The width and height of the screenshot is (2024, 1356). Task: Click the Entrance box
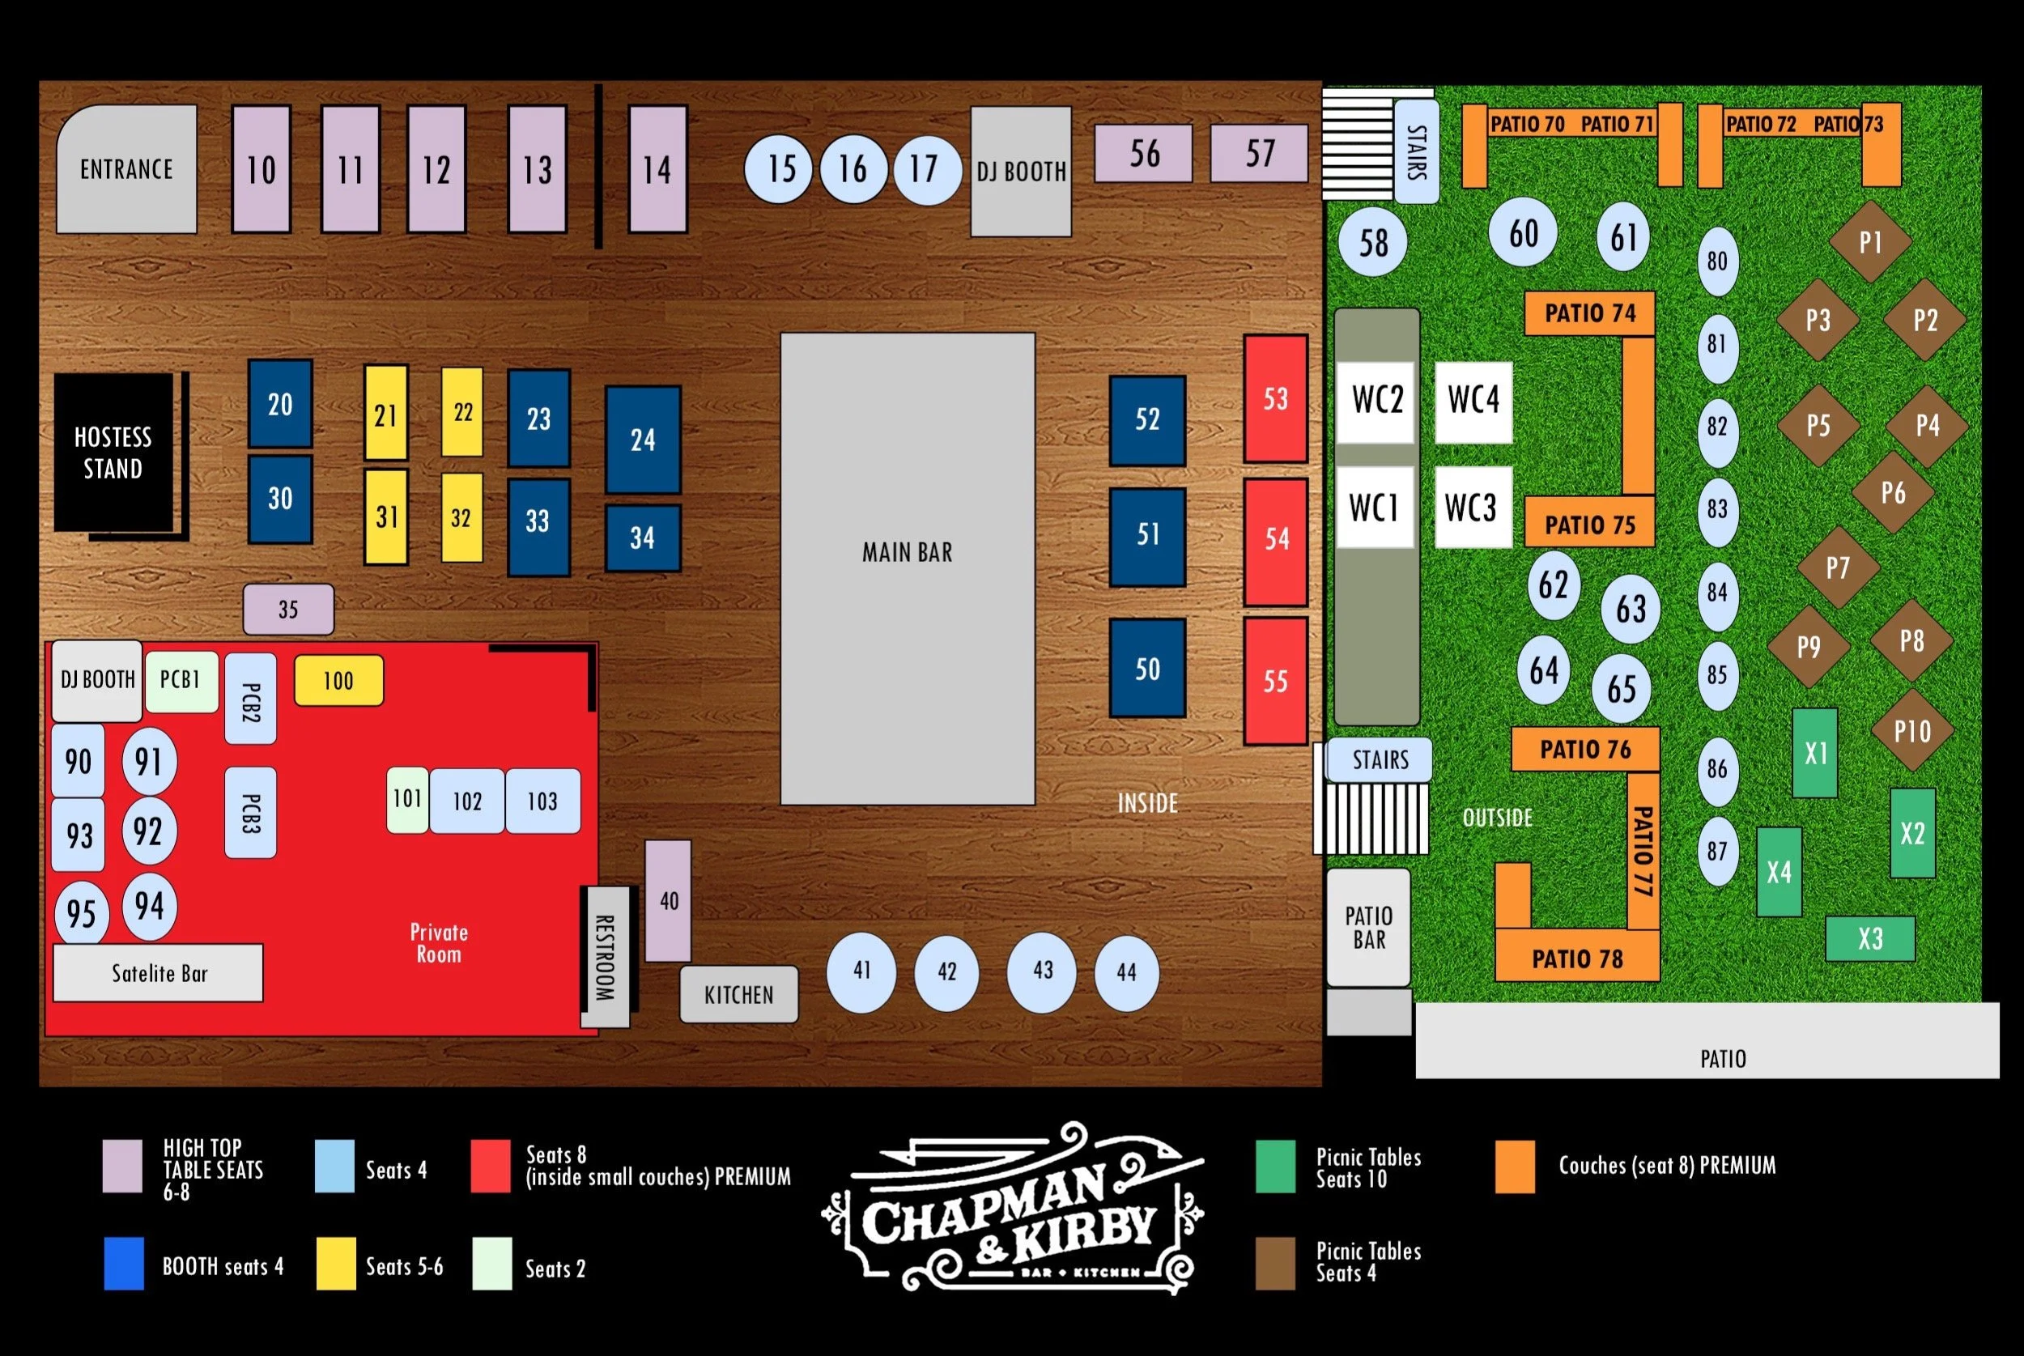click(x=126, y=168)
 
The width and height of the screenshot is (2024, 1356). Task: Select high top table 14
click(x=657, y=169)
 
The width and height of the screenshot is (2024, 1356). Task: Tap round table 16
click(x=853, y=168)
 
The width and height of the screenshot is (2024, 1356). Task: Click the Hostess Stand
click(x=113, y=453)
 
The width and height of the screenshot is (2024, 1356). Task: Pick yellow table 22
click(x=462, y=413)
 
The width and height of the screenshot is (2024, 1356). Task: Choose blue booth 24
click(x=642, y=440)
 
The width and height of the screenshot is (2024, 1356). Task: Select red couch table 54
click(x=1275, y=541)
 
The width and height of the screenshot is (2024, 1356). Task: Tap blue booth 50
click(x=1147, y=669)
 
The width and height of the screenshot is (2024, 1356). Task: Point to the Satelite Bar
click(x=158, y=973)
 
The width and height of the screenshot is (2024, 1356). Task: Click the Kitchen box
click(x=738, y=994)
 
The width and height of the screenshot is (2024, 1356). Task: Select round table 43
click(x=1042, y=971)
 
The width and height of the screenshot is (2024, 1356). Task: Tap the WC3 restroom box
click(x=1473, y=508)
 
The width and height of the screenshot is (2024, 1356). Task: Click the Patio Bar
click(x=1369, y=928)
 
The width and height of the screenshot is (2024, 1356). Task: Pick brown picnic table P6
click(x=1893, y=493)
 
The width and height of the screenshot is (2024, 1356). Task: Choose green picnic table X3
click(x=1870, y=938)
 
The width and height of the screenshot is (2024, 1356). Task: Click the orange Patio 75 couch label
click(x=1589, y=524)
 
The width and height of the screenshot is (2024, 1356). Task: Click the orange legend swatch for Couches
click(x=1515, y=1166)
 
